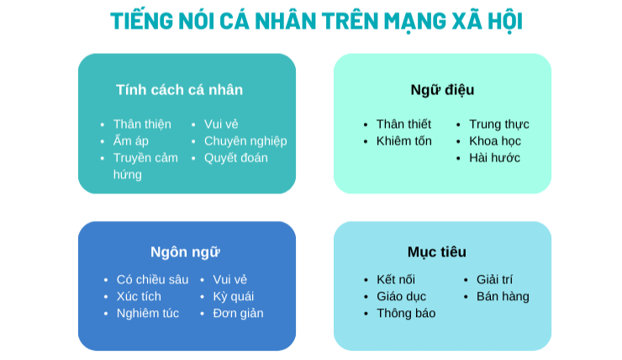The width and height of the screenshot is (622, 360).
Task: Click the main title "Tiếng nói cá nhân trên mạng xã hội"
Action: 315,20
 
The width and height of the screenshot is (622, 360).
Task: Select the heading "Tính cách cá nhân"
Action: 179,90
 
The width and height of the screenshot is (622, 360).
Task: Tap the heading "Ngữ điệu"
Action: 442,90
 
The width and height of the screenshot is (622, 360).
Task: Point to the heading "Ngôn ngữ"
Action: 185,251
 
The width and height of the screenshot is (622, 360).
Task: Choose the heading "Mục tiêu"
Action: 436,251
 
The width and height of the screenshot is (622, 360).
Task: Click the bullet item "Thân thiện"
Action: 142,124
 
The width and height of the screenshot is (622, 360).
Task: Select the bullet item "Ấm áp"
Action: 130,140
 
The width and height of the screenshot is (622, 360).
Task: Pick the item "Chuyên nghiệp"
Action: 245,140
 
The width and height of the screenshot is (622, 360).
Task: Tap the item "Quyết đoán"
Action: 235,157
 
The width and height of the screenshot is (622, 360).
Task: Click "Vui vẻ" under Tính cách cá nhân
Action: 221,124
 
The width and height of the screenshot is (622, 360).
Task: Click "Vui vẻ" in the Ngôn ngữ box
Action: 229,279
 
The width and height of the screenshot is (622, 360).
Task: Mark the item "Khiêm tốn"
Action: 403,140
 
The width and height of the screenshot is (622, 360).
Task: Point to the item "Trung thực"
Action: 498,124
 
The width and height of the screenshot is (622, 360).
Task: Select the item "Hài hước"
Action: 494,157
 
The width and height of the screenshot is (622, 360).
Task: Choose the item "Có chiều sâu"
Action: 152,279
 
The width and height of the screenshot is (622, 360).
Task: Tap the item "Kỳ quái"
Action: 233,296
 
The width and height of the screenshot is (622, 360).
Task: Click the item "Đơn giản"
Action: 238,313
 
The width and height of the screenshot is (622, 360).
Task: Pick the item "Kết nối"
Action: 395,279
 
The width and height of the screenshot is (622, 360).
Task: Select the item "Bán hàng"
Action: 503,296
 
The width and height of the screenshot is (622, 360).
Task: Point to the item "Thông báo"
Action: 406,313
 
